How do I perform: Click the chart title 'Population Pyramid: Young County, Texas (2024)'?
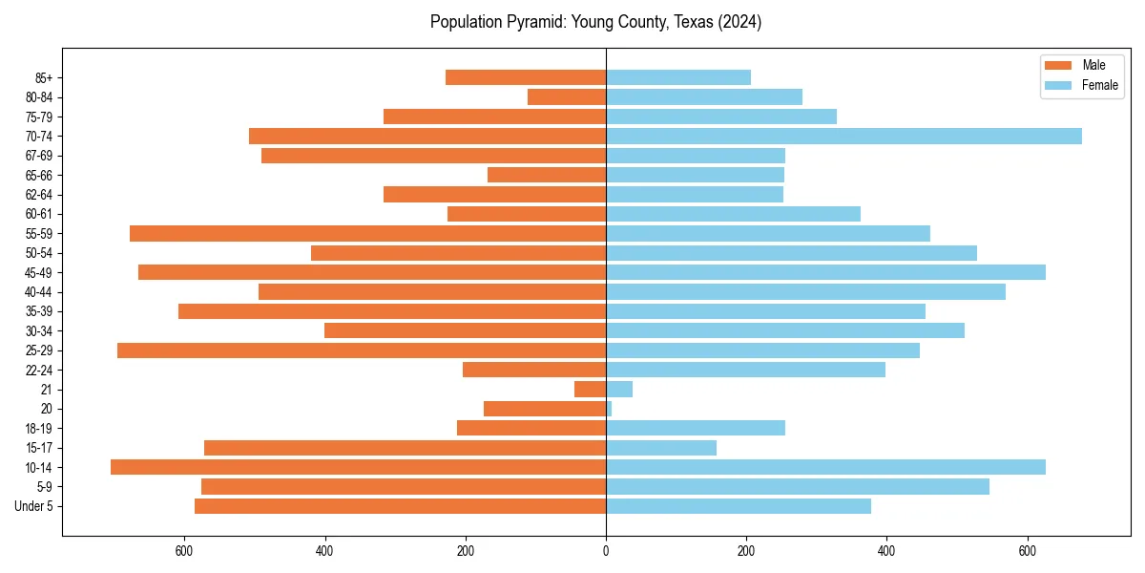point(595,22)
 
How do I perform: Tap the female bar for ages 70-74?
point(843,137)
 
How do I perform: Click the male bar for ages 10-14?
point(358,467)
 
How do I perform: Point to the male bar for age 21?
point(590,390)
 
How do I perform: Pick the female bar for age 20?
point(609,409)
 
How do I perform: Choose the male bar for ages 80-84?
point(567,97)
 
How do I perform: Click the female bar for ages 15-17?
point(661,448)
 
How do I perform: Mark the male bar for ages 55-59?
point(367,234)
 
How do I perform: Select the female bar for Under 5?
point(739,506)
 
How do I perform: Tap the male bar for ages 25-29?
point(362,350)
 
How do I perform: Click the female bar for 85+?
point(678,77)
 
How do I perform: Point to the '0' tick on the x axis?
point(606,550)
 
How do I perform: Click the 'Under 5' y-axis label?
point(34,506)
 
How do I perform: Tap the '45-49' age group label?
point(38,272)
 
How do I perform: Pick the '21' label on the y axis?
point(47,390)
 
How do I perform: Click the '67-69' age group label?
point(38,156)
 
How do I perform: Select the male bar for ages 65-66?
point(547,175)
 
